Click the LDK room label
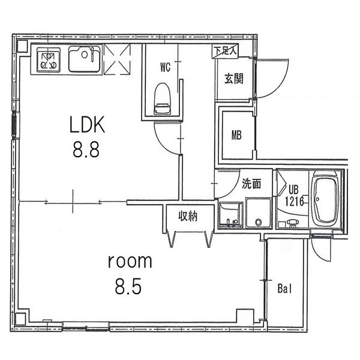pos(87,124)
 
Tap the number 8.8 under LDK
pos(86,149)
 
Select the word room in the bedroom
pos(130,261)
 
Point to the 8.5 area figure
pos(128,287)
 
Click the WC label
pos(166,67)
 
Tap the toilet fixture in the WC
pos(163,98)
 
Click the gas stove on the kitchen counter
pos(49,61)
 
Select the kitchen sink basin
pos(85,59)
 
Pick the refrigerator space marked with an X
pos(117,59)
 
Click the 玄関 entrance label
pos(234,79)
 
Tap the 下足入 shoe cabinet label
pos(225,50)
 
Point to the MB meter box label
pos(236,135)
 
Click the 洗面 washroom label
pos(251,184)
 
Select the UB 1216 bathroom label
pos(294,196)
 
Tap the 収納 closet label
pos(188,216)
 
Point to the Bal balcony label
pos(284,289)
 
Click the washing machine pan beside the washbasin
pos(259,213)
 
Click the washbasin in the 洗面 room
pos(230,215)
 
